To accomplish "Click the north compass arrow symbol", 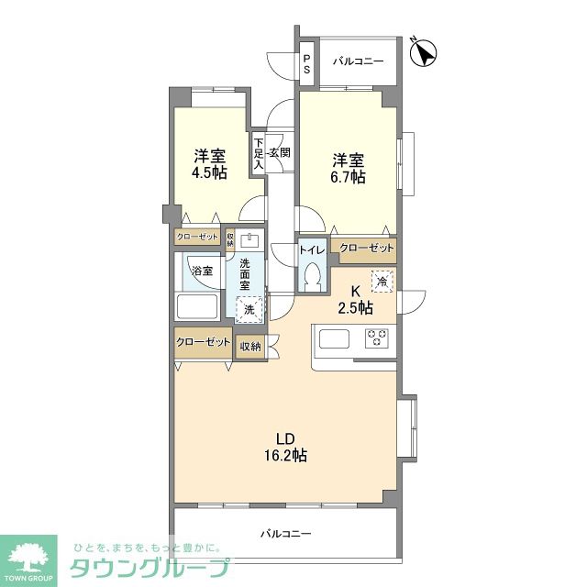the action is [424, 53].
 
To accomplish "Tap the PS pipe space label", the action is [307, 64].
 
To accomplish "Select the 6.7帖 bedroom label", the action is [349, 169].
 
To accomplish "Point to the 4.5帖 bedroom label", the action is [210, 165].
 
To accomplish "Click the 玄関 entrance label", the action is [280, 152].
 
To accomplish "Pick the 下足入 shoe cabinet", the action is [259, 153].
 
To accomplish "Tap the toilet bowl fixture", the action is [312, 275].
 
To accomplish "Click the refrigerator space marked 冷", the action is [382, 282].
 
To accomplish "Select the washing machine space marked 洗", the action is [249, 309].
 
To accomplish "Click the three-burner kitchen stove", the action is [377, 338].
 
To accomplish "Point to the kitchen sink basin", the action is [334, 338].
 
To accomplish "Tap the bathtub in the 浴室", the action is [197, 307].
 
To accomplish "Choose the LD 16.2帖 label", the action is [286, 447].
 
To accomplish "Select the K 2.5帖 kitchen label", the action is [355, 300].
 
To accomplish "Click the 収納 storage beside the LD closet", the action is [250, 347].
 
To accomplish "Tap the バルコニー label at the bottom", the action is [285, 534].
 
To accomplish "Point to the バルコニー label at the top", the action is [359, 61].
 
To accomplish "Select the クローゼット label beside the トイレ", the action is [367, 249].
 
